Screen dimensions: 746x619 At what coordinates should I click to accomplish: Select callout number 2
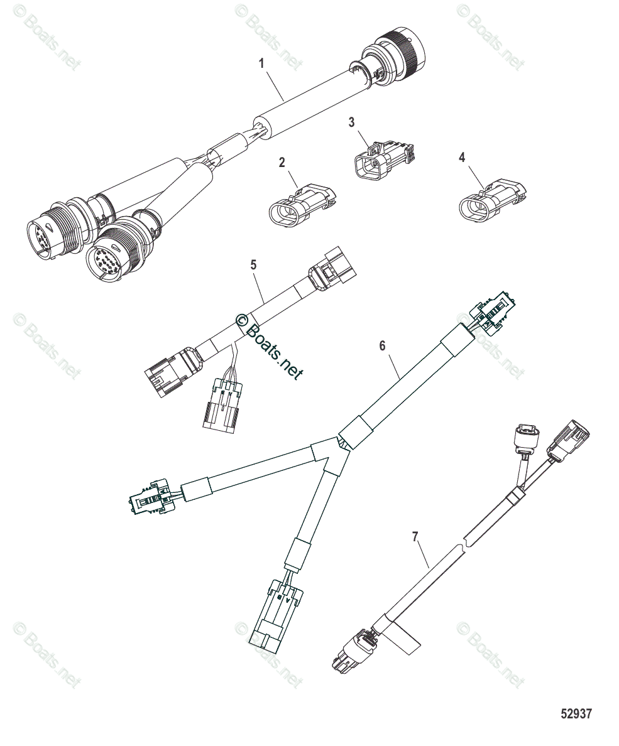[282, 163]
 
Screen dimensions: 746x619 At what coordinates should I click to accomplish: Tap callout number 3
[352, 122]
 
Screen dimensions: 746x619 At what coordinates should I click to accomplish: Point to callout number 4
[462, 158]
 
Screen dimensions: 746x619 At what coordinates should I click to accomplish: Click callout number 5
[254, 265]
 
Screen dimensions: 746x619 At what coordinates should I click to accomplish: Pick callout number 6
[381, 345]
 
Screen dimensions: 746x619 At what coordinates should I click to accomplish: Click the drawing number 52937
[576, 714]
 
